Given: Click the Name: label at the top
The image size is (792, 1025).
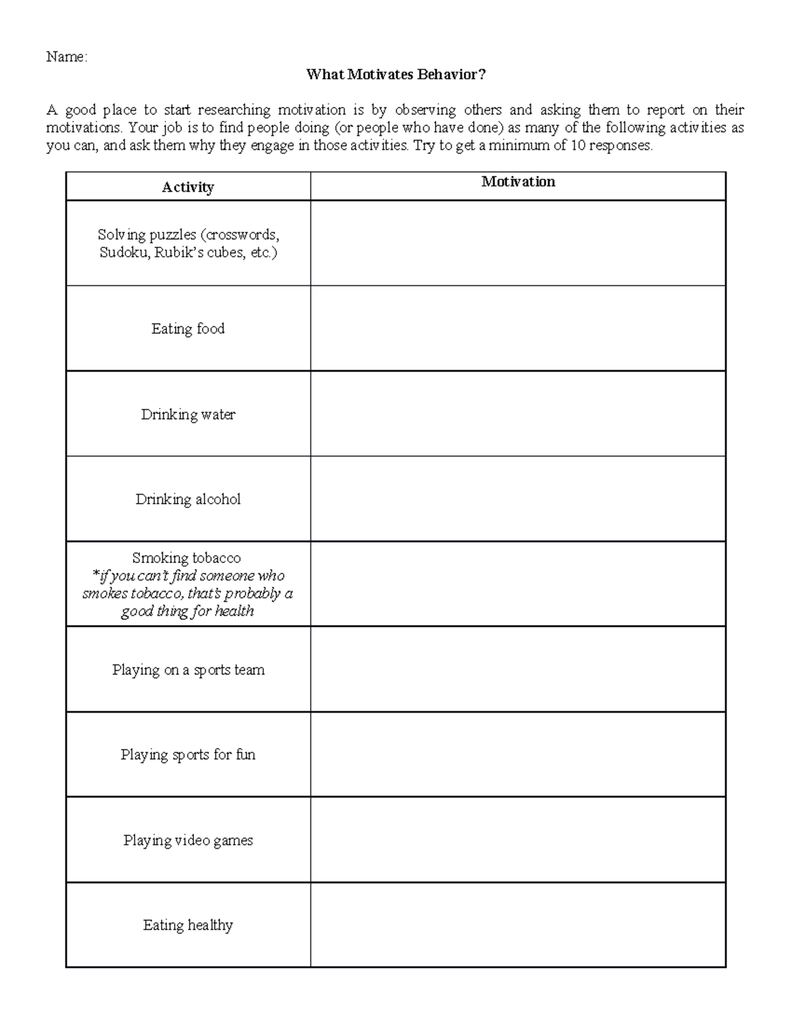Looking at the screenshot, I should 66,57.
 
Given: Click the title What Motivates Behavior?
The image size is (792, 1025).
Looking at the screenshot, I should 395,75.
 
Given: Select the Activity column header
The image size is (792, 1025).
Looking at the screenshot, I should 188,187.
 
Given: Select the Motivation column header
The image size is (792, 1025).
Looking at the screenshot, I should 518,182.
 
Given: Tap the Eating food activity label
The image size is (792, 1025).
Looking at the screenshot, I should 188,329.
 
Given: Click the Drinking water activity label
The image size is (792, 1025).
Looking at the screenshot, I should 188,414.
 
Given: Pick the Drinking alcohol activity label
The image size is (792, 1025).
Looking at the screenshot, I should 188,500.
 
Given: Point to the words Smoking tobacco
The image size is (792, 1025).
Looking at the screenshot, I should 187,558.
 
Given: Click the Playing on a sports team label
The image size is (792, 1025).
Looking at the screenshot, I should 188,670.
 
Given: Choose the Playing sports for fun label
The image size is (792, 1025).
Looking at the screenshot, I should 188,755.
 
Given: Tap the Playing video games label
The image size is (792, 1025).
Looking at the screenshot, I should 188,840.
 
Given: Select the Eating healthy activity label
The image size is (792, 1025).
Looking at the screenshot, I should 188,925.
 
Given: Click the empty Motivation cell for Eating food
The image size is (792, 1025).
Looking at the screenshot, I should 518,329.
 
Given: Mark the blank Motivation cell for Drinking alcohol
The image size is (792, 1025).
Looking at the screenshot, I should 518,500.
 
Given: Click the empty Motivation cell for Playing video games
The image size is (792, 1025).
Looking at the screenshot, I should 518,840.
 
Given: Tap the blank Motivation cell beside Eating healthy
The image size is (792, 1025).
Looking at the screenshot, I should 518,925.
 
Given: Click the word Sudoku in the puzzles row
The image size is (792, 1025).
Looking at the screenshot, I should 124,253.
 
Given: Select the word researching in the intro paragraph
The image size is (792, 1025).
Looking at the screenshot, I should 234,110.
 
